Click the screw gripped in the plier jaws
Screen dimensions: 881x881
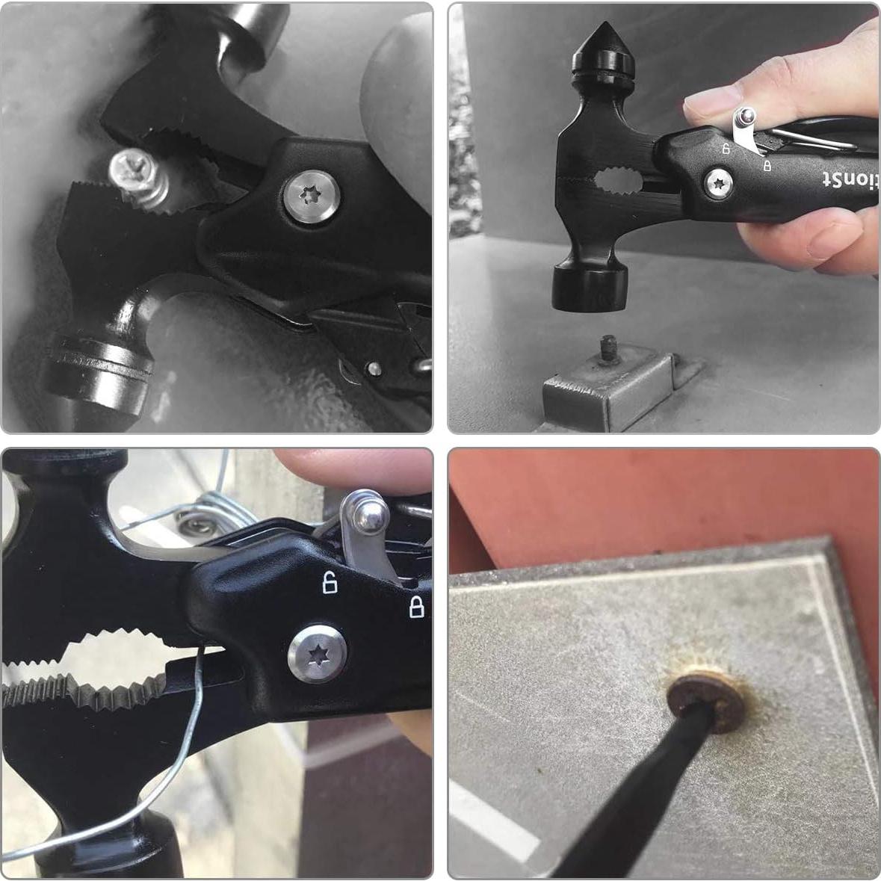tap(140, 179)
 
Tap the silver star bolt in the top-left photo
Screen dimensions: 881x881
tap(312, 196)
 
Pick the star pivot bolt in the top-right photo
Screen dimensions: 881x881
tap(720, 182)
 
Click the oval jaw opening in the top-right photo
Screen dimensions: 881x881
tap(618, 180)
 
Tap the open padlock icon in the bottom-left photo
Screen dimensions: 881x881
tap(330, 581)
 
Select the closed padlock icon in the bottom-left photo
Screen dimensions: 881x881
tap(417, 607)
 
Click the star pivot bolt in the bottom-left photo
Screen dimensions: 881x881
tap(317, 655)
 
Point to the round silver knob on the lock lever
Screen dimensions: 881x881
tap(370, 513)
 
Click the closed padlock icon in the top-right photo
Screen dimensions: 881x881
tap(767, 165)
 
